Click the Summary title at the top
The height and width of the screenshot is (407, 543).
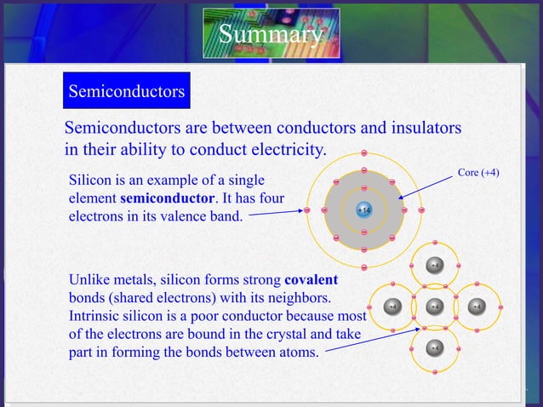click(271, 35)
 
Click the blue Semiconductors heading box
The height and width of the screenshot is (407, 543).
click(126, 91)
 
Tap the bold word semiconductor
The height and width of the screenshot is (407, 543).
click(166, 198)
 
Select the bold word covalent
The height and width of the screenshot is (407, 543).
click(311, 280)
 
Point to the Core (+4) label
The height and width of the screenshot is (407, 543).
click(478, 173)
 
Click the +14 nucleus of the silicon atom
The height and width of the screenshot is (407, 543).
click(364, 209)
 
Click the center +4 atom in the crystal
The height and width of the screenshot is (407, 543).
click(434, 307)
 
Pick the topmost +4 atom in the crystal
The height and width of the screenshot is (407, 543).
click(434, 265)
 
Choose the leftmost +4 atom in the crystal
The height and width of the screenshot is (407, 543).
click(392, 307)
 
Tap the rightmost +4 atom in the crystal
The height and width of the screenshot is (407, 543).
click(476, 307)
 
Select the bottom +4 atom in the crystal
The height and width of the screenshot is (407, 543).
click(434, 347)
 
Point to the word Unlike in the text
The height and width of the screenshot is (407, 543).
click(91, 280)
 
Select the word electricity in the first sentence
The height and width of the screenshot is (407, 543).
click(282, 150)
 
